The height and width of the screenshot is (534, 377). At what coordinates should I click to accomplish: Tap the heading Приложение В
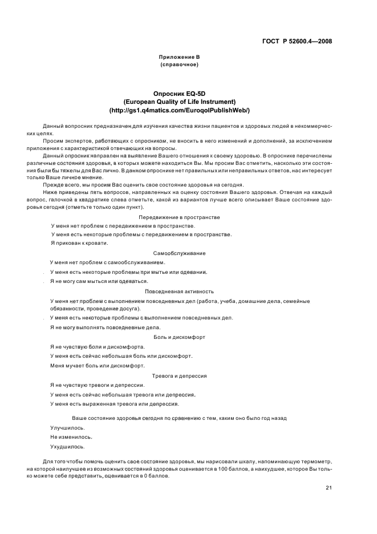179,57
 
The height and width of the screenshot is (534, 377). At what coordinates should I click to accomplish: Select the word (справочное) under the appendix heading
179,64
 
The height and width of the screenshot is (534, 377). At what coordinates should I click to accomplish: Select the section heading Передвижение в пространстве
179,217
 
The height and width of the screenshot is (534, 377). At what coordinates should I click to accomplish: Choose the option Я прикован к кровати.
79,243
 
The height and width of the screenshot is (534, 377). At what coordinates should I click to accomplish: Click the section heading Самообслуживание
179,253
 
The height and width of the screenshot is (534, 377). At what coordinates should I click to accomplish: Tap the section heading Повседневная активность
179,291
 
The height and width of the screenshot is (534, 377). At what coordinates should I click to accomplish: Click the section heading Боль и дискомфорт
179,337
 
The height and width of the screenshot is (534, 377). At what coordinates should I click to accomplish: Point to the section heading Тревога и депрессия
179,376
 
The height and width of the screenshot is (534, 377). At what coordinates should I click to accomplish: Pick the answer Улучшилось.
67,427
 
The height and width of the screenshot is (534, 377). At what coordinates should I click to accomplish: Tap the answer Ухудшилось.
67,447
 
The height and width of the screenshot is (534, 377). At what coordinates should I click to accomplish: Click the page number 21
329,488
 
